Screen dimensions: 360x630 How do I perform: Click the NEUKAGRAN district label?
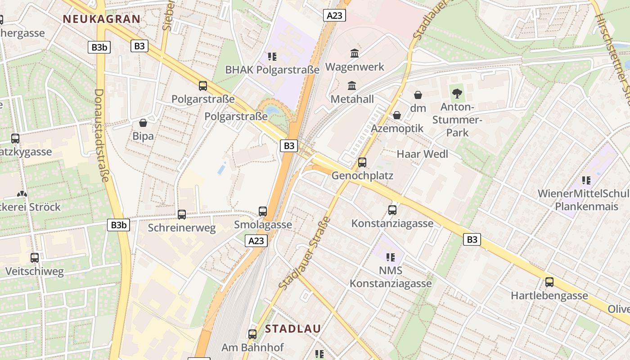point(102,19)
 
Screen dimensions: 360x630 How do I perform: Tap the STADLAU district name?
point(293,328)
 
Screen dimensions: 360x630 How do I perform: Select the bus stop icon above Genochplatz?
point(362,162)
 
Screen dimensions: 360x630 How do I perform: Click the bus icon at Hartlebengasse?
point(549,282)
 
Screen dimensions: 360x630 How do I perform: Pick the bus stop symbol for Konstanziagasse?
point(392,210)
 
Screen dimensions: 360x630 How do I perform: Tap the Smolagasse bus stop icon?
point(263,211)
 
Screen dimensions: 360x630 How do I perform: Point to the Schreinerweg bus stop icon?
point(182,215)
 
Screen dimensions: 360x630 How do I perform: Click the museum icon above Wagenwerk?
point(355,53)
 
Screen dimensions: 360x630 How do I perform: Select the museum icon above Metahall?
point(352,85)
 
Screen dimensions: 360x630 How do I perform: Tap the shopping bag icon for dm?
point(418,95)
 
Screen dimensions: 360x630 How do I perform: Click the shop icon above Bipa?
point(143,123)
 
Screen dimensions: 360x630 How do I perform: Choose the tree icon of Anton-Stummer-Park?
point(457,94)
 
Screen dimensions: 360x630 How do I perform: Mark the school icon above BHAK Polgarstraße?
point(272,57)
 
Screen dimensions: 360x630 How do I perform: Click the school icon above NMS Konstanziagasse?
point(391,257)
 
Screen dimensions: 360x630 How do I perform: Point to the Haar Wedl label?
point(422,154)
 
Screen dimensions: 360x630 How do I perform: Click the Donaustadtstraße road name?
point(102,135)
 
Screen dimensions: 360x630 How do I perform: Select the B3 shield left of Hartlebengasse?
point(472,239)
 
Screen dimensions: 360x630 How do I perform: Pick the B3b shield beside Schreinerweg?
point(119,225)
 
